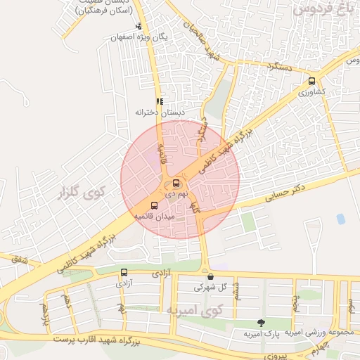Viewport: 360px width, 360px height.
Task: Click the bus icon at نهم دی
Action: tap(176, 184)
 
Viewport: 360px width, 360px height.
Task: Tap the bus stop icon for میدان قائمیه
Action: tap(155, 205)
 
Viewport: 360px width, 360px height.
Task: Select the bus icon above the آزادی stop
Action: tap(124, 272)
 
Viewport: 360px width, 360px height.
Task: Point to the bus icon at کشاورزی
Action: tap(311, 81)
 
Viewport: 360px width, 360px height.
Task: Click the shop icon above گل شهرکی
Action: tap(210, 276)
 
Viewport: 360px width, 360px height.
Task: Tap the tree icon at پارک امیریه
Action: tap(262, 323)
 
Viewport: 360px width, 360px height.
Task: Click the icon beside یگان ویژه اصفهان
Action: tap(138, 27)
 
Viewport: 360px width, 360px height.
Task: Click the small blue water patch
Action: tap(341, 219)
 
